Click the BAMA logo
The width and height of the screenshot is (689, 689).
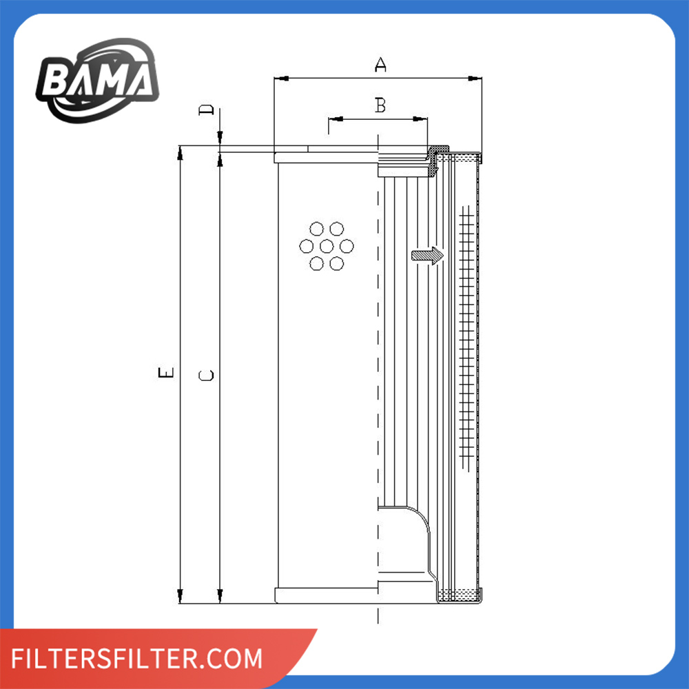click(x=97, y=80)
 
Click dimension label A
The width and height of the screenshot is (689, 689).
click(x=380, y=65)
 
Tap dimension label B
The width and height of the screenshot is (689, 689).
click(x=380, y=105)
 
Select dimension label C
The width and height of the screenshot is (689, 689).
click(x=206, y=376)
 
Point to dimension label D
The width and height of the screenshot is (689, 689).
click(x=206, y=110)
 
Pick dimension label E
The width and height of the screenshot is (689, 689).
click(x=165, y=373)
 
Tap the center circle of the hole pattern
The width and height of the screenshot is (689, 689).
click(x=327, y=246)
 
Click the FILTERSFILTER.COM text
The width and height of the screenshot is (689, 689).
click(x=136, y=659)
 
